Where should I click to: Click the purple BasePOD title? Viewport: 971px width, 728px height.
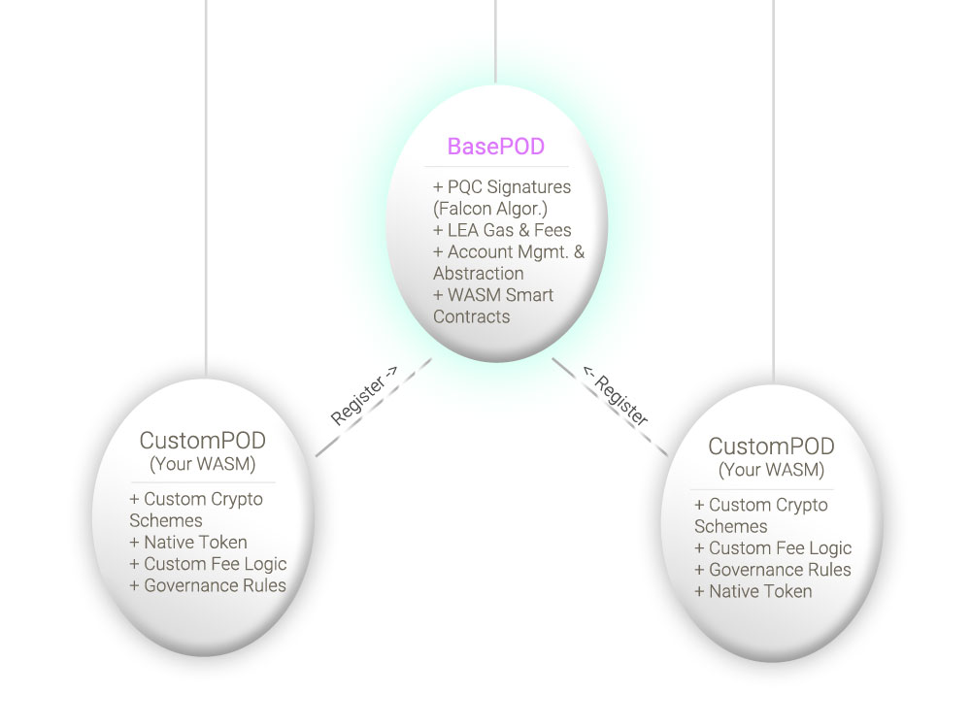click(x=496, y=147)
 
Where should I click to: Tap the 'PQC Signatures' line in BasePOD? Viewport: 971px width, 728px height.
click(x=502, y=187)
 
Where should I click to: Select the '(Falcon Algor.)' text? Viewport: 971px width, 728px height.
click(x=490, y=209)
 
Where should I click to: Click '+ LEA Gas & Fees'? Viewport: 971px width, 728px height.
click(x=502, y=230)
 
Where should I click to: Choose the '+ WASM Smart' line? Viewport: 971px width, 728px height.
click(x=493, y=295)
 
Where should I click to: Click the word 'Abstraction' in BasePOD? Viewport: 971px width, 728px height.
click(x=479, y=274)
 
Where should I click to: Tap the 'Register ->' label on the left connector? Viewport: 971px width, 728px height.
click(x=363, y=396)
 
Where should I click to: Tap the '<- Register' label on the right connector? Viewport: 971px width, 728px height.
click(x=615, y=396)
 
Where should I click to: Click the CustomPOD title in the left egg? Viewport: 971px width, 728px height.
click(x=203, y=441)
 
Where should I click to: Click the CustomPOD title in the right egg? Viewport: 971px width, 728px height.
click(x=772, y=447)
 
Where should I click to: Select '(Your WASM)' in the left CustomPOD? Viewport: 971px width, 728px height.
click(x=203, y=464)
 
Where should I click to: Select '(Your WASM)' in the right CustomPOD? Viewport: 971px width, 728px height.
click(x=772, y=470)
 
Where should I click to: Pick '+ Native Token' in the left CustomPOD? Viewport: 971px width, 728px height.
click(x=188, y=543)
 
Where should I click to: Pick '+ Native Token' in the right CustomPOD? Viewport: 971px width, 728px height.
click(x=753, y=591)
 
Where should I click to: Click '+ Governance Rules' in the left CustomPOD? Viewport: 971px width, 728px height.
click(x=208, y=585)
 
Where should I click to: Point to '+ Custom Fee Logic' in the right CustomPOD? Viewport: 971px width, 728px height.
click(x=773, y=548)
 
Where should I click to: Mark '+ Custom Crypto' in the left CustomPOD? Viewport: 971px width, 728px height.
click(x=196, y=500)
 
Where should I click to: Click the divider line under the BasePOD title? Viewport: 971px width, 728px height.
click(x=496, y=167)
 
